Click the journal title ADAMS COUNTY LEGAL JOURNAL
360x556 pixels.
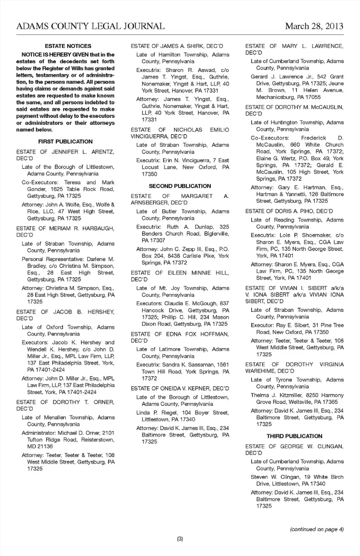pos(90,26)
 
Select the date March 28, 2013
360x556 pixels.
pos(314,26)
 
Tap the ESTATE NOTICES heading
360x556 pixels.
pos(68,46)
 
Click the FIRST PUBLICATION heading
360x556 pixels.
pos(65,142)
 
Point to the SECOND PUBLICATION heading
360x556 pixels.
pos(180,186)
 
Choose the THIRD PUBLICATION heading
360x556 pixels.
pos(294,436)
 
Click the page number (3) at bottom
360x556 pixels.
pos(180,539)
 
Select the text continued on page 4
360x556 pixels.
pos(316,529)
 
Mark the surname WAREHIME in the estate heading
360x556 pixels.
pos(261,371)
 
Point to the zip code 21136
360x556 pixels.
pos(45,447)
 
